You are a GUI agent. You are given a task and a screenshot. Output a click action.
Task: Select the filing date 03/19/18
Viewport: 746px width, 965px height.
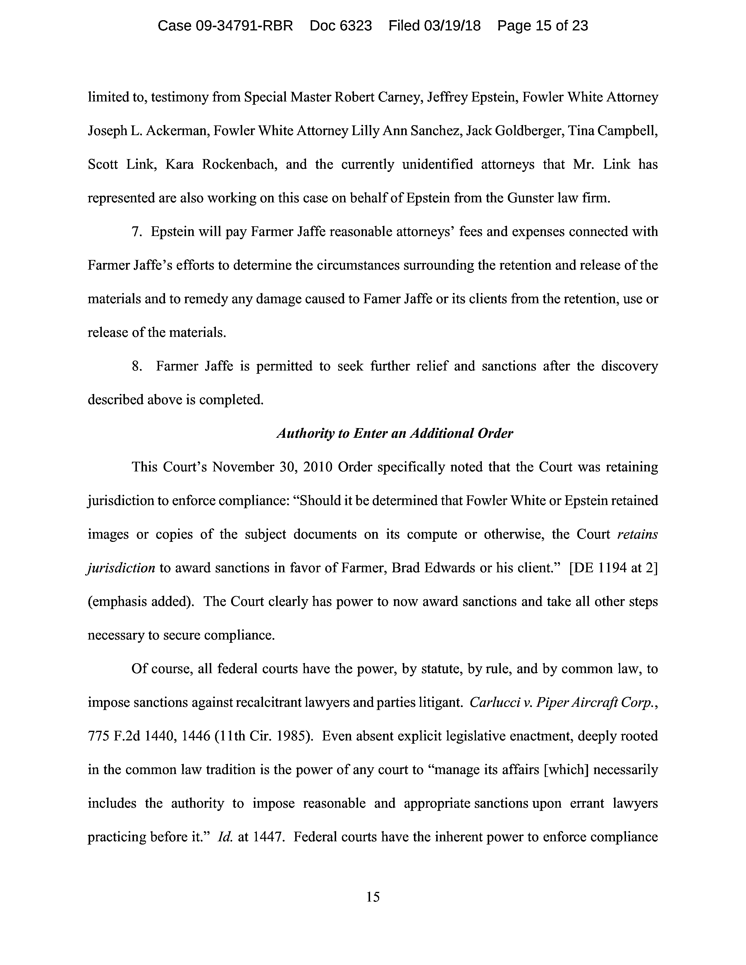452,26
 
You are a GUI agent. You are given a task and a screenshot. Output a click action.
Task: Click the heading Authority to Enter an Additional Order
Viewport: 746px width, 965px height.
395,433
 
